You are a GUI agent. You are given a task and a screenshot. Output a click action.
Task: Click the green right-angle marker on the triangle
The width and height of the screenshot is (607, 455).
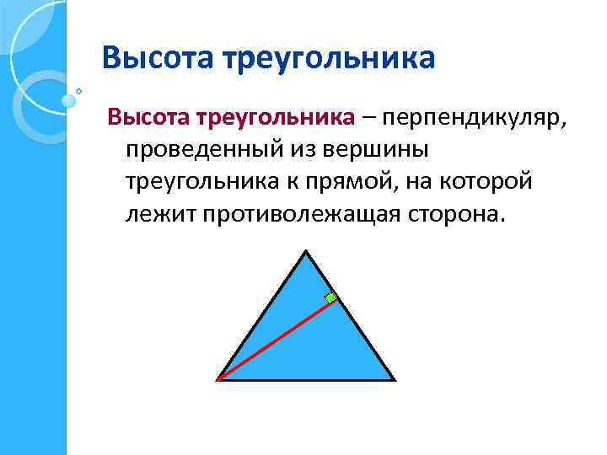pyautogui.click(x=331, y=297)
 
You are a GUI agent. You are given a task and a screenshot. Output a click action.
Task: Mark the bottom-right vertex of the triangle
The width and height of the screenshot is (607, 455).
pyautogui.click(x=394, y=380)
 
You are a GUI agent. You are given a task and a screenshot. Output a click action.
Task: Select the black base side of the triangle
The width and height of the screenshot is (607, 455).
pyautogui.click(x=306, y=380)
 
